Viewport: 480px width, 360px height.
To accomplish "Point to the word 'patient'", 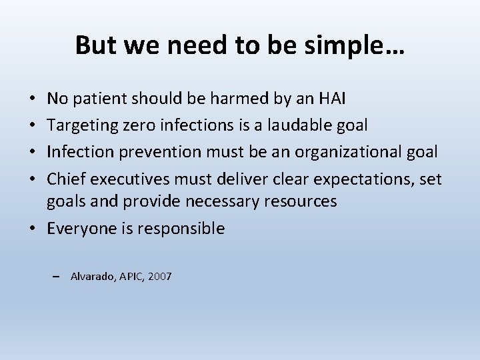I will tap(98, 100).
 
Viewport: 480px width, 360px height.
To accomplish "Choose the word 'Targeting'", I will tap(78, 126).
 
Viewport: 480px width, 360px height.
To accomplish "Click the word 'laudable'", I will tap(291, 126).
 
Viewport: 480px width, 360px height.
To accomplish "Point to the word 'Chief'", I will tap(65, 177).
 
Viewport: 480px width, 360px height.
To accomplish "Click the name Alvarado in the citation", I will tap(93, 276).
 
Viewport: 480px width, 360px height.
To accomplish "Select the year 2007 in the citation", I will tap(160, 276).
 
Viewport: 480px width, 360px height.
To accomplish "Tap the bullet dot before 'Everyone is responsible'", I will tap(33, 229).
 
